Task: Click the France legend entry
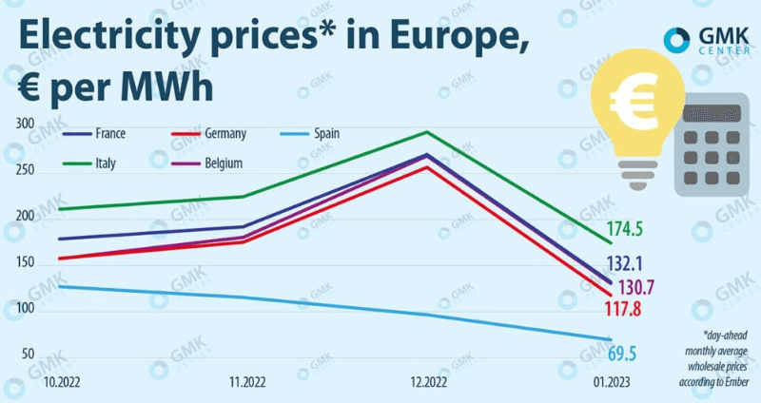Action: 108,134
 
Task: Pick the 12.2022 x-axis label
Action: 430,381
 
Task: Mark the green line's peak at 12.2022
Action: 429,132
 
